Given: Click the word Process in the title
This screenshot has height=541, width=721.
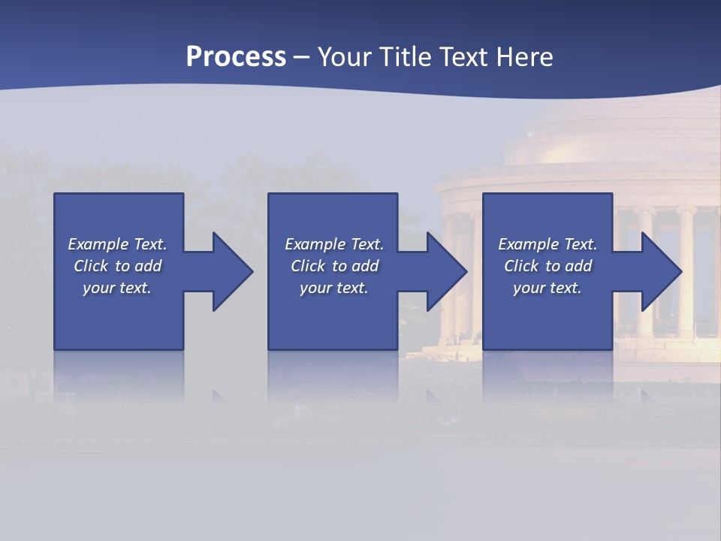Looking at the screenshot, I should (236, 57).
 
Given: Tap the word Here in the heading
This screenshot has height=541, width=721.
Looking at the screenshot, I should (525, 57).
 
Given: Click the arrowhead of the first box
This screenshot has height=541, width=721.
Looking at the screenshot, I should (232, 271).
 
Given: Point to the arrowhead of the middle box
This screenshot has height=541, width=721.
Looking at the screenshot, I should (446, 271).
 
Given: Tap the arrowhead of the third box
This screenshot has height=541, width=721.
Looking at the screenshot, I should (661, 271).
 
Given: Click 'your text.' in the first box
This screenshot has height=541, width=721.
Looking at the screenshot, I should (117, 288).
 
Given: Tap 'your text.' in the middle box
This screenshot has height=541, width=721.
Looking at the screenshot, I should (334, 288).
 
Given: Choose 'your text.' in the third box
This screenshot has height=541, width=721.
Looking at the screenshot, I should (548, 288).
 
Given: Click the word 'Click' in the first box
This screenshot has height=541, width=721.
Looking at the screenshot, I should (91, 266).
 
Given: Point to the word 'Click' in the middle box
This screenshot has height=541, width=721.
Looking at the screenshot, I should (308, 266).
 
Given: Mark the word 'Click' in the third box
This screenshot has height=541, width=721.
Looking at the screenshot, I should (521, 266).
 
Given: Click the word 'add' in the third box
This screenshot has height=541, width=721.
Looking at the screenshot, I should (578, 266).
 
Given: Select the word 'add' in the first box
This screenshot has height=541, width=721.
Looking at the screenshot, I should (148, 266).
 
